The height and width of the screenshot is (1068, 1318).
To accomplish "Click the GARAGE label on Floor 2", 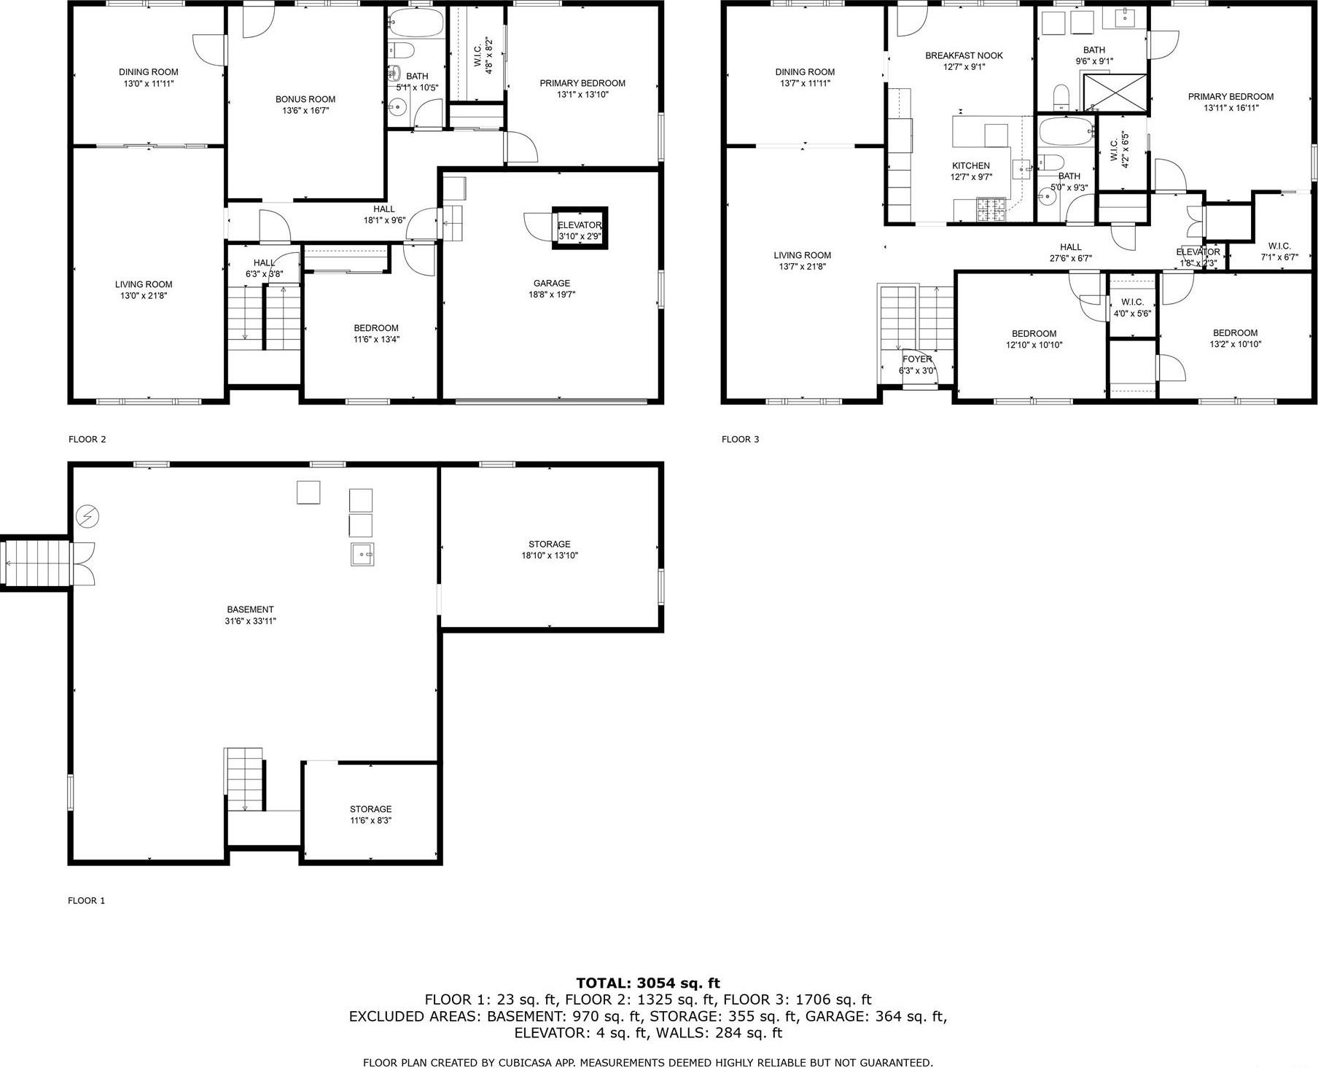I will (551, 289).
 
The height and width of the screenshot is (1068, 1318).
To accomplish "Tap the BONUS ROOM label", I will (305, 105).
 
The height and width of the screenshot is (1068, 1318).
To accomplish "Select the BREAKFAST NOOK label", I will (964, 61).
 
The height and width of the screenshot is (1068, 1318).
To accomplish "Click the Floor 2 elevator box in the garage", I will (580, 228).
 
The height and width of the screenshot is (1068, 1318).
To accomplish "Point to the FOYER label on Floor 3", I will (916, 365).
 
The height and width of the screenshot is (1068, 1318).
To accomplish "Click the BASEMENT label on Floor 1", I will (250, 615).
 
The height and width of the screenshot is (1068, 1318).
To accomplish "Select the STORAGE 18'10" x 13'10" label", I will (549, 550).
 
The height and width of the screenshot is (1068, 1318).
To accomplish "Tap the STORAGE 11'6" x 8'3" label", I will (370, 814).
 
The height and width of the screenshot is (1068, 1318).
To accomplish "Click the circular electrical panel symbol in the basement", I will (87, 517).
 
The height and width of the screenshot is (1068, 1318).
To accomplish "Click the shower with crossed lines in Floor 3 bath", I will (1114, 93).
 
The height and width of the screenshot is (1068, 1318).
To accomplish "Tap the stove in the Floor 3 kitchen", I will (990, 210).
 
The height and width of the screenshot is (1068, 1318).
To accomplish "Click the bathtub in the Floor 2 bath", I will (416, 24).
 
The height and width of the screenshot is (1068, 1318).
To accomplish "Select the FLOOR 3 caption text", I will (740, 439).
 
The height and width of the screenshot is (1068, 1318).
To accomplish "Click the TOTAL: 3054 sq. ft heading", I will (647, 983).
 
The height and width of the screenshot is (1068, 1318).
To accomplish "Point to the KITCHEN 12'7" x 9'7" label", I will (970, 171).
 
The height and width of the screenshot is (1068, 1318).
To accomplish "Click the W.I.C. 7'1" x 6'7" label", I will (1279, 252).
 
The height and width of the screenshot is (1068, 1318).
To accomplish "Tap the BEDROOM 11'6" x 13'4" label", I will (376, 333).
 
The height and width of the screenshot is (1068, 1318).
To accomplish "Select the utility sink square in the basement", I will (362, 555).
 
